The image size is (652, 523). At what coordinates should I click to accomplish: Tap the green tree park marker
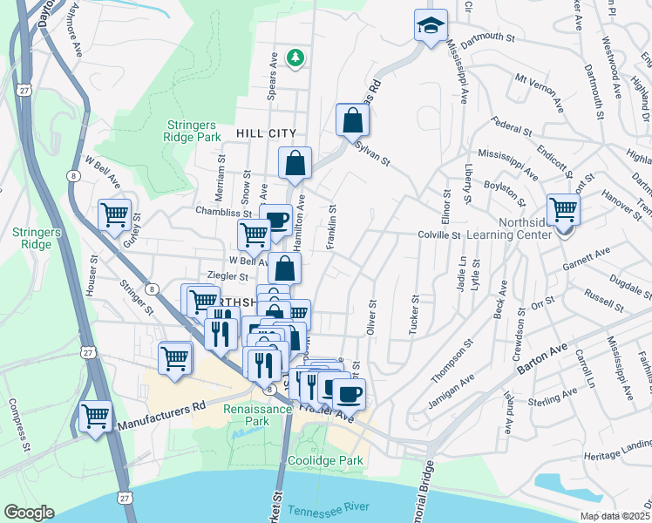click(x=296, y=58)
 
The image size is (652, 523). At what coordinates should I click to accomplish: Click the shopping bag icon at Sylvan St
click(x=351, y=119)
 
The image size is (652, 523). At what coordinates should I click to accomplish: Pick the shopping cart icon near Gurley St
click(x=115, y=214)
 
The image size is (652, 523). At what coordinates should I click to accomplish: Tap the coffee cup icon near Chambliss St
click(x=276, y=220)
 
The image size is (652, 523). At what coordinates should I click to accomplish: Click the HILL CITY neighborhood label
click(x=266, y=133)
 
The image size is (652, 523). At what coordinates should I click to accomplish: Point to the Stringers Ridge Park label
click(x=193, y=131)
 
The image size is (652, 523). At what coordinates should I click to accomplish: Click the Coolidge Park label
click(x=325, y=460)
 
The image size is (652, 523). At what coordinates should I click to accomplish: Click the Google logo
click(x=29, y=513)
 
